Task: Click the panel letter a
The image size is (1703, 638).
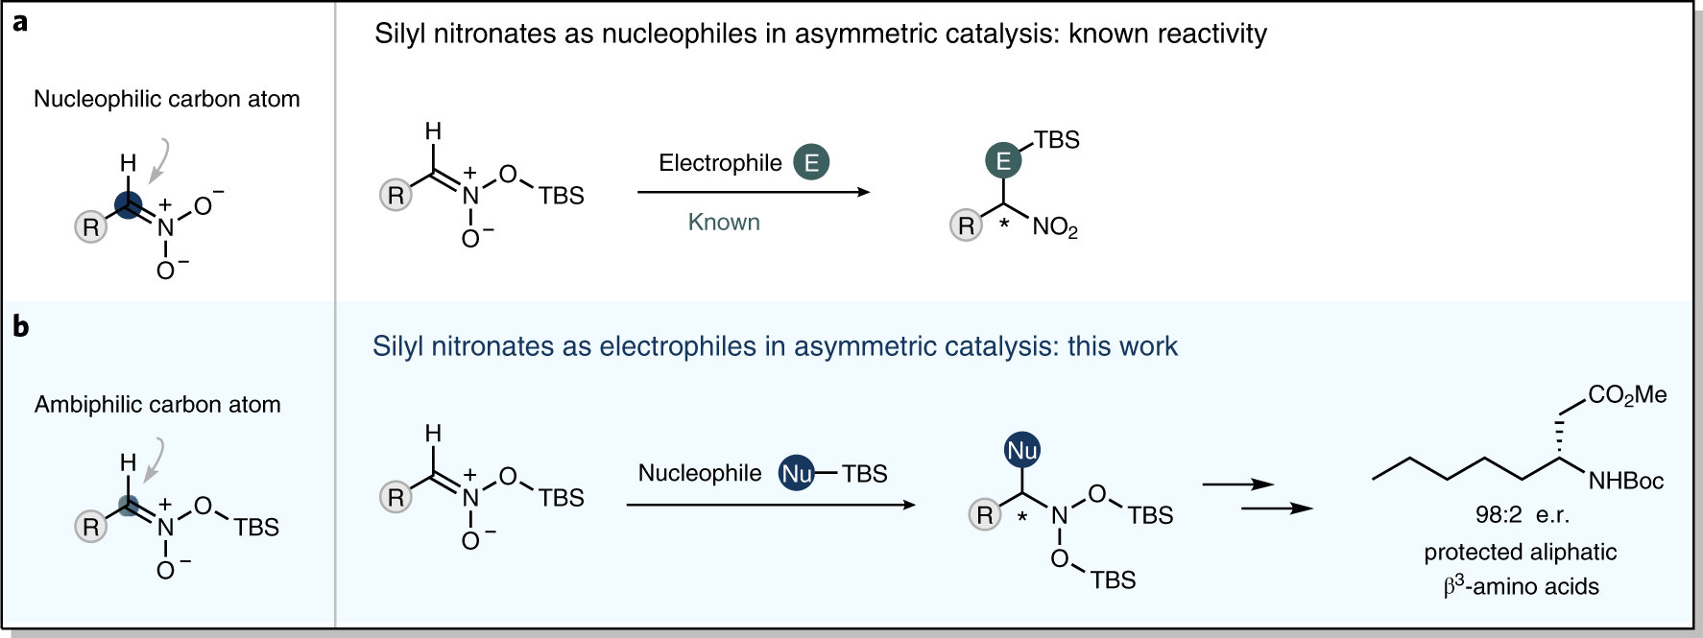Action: click(20, 22)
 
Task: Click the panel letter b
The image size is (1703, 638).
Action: click(20, 327)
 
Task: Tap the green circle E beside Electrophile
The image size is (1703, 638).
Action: click(811, 162)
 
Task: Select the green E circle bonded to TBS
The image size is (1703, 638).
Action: click(1003, 160)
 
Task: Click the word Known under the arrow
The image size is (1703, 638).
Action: click(724, 223)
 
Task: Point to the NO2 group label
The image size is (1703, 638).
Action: click(1055, 227)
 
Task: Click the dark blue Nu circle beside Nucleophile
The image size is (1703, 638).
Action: click(797, 473)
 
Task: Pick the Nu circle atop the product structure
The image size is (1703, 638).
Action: click(1021, 450)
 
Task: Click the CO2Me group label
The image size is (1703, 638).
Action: click(1627, 395)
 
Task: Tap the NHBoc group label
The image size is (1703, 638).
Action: click(1625, 481)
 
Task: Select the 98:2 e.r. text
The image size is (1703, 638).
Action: click(1522, 515)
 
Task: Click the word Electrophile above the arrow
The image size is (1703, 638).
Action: click(720, 163)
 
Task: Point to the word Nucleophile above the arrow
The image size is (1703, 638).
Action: click(700, 473)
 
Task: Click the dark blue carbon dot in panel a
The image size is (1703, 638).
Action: click(128, 204)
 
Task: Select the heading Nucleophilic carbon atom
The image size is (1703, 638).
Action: click(167, 99)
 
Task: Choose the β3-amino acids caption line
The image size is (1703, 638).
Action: click(1522, 586)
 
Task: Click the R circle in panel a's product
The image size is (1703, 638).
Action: click(966, 225)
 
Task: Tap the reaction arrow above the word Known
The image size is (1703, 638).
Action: click(754, 192)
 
